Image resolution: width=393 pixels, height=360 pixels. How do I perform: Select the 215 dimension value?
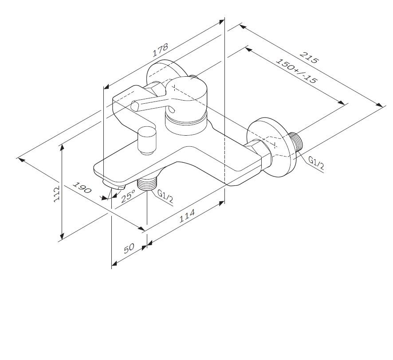(x=310, y=58)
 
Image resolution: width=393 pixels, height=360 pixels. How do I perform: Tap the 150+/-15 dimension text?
(x=296, y=71)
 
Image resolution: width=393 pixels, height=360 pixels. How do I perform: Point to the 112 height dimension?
(x=57, y=194)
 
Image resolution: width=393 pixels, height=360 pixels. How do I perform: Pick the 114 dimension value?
(x=187, y=216)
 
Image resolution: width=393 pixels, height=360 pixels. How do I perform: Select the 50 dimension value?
(x=130, y=248)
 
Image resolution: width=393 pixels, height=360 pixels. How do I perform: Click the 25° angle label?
(x=128, y=196)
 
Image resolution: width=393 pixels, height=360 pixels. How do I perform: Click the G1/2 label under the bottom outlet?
(x=165, y=196)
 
